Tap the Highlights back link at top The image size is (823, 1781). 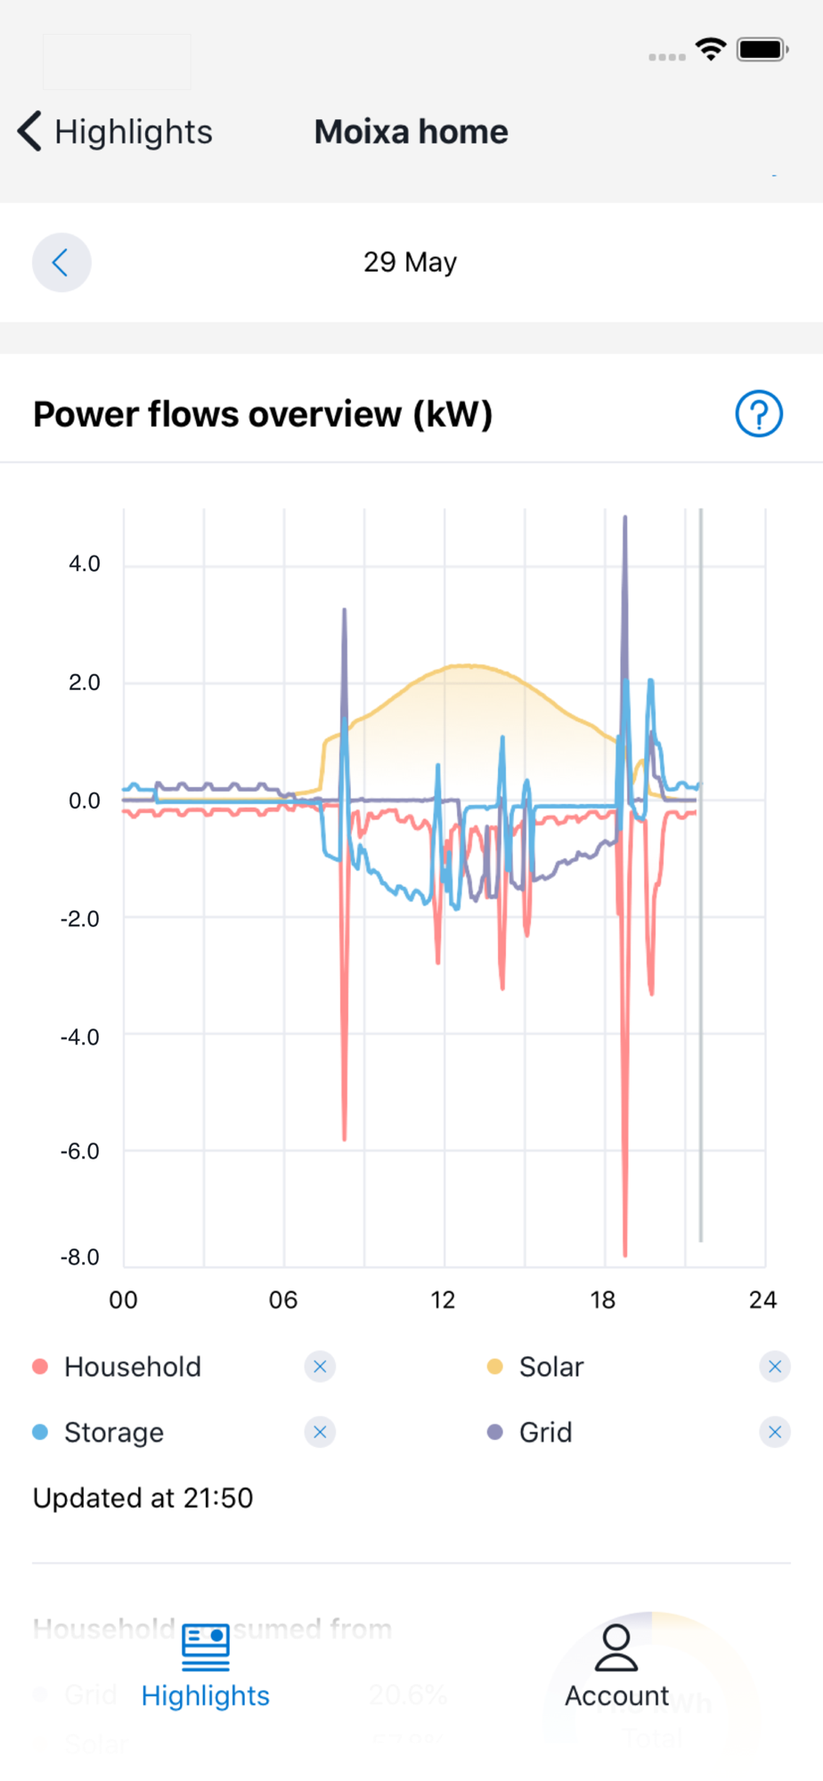pos(116,132)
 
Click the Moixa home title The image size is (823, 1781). pos(411,132)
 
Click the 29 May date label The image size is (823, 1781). pos(410,262)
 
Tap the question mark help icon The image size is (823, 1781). pos(759,414)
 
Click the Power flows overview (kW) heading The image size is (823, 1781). pos(263,414)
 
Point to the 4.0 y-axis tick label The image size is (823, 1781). pos(85,564)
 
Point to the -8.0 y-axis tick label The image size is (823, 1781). pos(80,1256)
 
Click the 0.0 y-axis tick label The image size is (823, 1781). pos(85,801)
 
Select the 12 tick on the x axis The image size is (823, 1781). pos(443,1300)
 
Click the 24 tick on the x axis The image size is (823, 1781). pos(762,1300)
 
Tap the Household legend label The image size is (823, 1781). pos(133,1366)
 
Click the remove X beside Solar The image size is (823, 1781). pos(775,1366)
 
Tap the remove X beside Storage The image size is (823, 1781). pos(320,1432)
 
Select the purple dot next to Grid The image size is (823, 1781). pos(495,1432)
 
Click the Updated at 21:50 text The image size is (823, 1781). pos(143,1498)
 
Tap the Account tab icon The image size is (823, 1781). pos(616,1648)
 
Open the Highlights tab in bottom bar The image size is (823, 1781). pos(206,1665)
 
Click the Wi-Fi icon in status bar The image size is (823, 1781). pos(711,49)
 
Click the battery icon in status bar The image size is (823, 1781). pos(762,49)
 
